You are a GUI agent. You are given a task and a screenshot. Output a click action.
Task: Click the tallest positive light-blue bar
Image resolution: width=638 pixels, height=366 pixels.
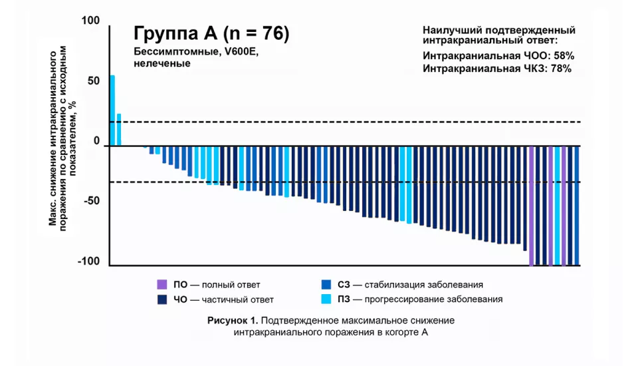click(x=112, y=110)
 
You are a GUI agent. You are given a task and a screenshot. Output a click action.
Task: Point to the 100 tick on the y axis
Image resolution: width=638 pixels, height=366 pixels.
click(x=90, y=21)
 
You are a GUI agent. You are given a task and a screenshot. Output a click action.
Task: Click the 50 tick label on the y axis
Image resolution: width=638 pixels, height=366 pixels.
click(x=93, y=81)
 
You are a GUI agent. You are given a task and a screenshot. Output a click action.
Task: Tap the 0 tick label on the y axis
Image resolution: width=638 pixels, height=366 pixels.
click(x=96, y=141)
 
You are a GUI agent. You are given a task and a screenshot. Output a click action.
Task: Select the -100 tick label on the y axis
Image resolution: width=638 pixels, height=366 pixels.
click(x=88, y=262)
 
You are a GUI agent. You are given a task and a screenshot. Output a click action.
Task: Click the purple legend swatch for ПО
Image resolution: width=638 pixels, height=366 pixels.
click(x=161, y=284)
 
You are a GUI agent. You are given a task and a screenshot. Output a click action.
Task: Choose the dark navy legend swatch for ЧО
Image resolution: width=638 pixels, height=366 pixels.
click(x=161, y=299)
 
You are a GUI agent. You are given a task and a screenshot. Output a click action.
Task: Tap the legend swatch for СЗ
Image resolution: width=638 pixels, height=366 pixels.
click(x=326, y=284)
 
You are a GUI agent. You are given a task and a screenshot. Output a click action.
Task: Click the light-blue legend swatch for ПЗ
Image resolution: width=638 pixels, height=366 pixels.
click(x=326, y=299)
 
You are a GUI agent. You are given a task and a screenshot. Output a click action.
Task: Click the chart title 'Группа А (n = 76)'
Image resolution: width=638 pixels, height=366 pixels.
click(x=211, y=33)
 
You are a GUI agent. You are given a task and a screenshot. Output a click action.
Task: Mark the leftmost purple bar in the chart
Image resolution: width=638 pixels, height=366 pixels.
click(x=531, y=206)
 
